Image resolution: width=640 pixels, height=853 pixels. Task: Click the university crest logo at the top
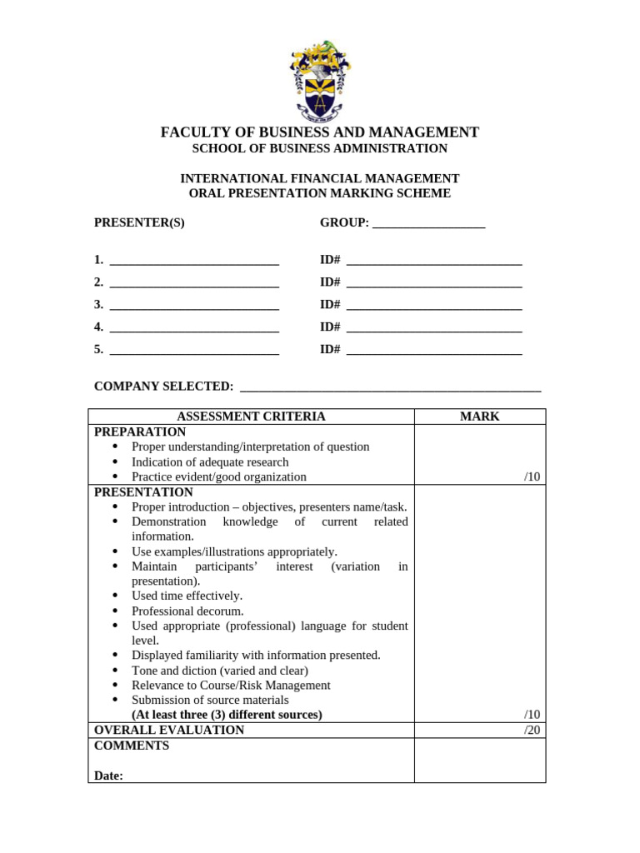320,80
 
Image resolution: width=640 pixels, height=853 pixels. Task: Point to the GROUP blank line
428,225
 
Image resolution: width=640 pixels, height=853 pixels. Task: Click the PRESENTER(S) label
139,222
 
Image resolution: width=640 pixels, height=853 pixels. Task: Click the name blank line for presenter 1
194,262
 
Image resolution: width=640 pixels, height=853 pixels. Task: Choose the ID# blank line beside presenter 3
434,307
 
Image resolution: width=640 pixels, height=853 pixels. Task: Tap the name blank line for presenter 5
194,352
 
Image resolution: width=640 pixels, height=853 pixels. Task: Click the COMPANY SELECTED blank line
390,389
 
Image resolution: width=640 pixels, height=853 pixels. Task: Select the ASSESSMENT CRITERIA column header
251,417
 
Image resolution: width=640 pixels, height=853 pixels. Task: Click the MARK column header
480,417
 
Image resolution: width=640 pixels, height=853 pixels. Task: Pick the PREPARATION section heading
140,431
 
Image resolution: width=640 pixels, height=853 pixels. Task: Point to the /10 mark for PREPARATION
532,477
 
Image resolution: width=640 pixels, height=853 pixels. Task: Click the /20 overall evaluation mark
532,730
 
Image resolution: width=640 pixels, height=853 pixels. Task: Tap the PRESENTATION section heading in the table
143,492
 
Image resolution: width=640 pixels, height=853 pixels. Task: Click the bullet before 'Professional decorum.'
114,611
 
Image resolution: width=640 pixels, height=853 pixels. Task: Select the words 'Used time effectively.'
187,596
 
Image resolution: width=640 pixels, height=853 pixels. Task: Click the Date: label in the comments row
108,776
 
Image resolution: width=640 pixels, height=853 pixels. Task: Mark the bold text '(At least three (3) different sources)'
227,715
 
